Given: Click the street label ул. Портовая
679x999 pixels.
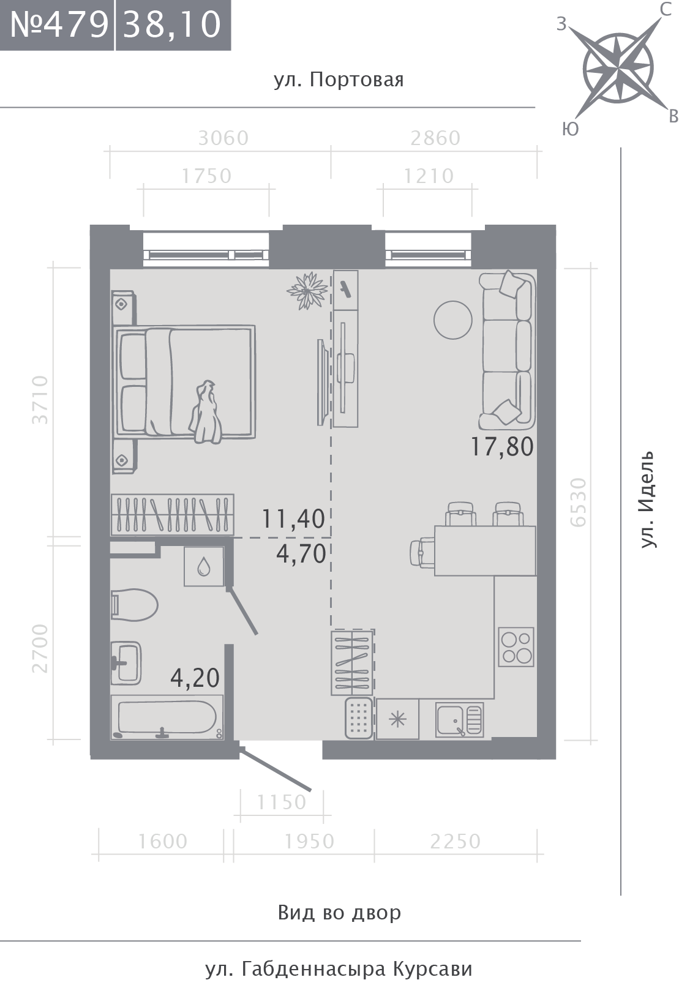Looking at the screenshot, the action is pos(339,80).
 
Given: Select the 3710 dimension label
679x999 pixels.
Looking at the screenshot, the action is pos(40,400).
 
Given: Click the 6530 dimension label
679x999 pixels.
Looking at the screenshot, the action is pos(578,502).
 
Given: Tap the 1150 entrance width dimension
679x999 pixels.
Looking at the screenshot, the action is pos(282,803).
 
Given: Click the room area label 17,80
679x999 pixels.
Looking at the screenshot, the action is pos(502,447).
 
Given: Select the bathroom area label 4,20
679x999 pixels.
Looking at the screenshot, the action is pos(195,678).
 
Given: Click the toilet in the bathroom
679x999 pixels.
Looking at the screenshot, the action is pos(134,605).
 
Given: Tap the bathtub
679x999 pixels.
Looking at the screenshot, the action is pos(167,717).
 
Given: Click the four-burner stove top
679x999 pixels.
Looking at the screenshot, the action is pos(516,647).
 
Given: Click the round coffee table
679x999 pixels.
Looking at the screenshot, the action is pos(453,320).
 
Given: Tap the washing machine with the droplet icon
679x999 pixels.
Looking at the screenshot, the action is pos(204,566).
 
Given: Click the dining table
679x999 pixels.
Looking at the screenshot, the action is pos(486,551).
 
